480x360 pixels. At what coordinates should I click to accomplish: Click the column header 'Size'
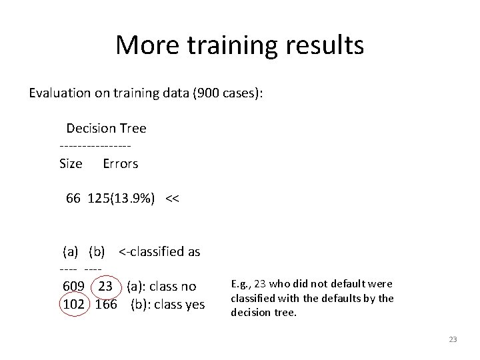pyautogui.click(x=71, y=163)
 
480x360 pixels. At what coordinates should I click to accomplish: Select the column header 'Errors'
pyautogui.click(x=121, y=163)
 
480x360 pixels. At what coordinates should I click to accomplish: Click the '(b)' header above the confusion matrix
pyautogui.click(x=97, y=252)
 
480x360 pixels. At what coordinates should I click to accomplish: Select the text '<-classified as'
pyautogui.click(x=159, y=252)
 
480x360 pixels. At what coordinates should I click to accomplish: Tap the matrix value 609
pyautogui.click(x=73, y=287)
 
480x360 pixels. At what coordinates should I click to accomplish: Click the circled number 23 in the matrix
pyautogui.click(x=105, y=287)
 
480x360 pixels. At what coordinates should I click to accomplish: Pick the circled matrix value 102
pyautogui.click(x=73, y=305)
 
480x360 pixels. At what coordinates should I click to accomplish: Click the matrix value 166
pyautogui.click(x=107, y=305)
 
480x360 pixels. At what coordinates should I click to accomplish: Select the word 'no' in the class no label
pyautogui.click(x=189, y=287)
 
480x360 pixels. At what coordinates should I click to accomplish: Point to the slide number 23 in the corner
pyautogui.click(x=453, y=340)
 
